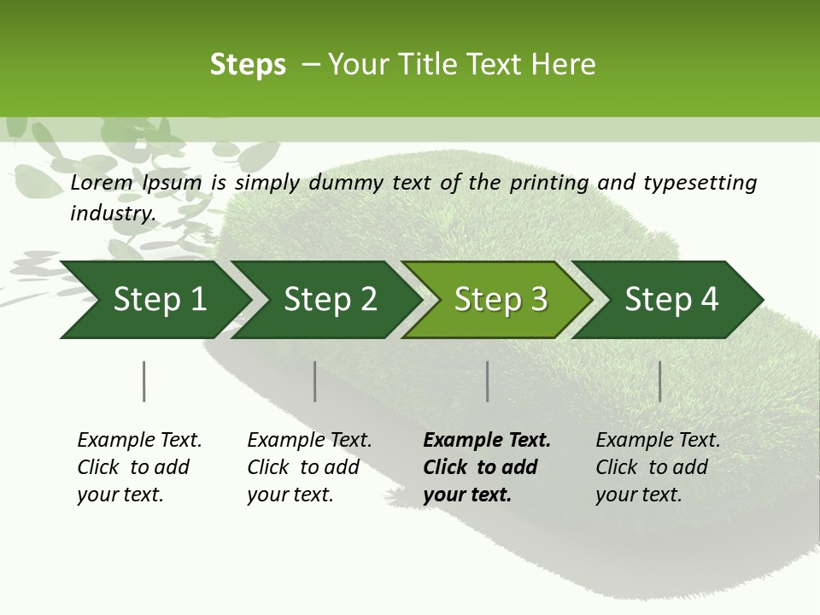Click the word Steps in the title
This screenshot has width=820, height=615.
coord(248,65)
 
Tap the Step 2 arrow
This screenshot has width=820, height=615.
coord(330,300)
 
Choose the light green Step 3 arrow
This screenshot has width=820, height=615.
coord(501,300)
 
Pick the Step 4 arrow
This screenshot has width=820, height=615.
coord(671,300)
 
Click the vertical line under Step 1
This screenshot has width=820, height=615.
coord(144,381)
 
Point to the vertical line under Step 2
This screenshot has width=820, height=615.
coord(315,381)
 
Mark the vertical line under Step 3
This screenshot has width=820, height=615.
coord(487,381)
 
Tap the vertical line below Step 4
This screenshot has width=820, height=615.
coord(659,381)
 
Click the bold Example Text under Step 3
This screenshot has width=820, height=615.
coord(487,441)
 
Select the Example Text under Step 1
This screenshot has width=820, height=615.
coord(139,441)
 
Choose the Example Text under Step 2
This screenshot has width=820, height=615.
coord(309,441)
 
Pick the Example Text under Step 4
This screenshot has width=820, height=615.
coord(658,441)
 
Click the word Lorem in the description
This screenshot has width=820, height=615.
coord(102,182)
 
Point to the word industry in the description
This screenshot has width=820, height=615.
coord(113,213)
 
